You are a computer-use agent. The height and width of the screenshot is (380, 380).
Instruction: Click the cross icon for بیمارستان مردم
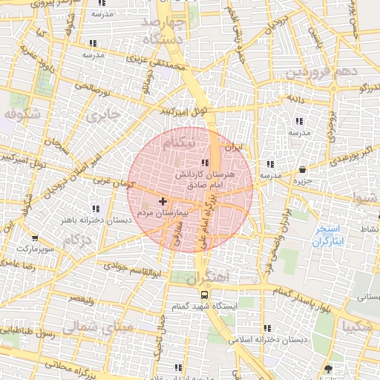(x=163, y=201)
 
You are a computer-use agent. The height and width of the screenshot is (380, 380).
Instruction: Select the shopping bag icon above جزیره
(x=302, y=169)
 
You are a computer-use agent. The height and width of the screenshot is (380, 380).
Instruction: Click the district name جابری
(x=102, y=117)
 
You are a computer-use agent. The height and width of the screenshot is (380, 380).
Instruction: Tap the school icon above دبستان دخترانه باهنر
(x=94, y=209)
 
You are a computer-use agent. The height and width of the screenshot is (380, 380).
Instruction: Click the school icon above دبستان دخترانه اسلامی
(x=267, y=327)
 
